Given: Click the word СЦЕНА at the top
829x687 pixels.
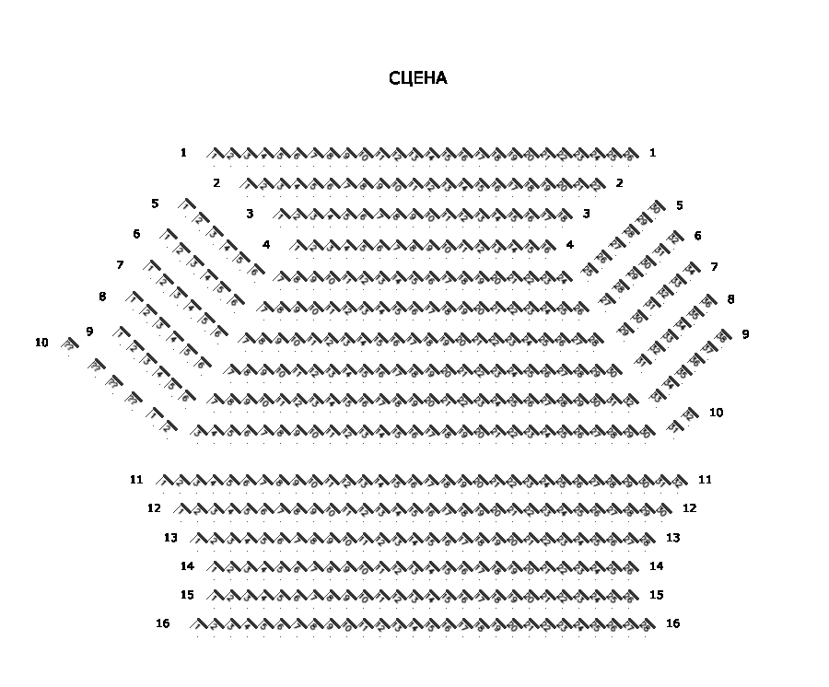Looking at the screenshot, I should click(x=418, y=78).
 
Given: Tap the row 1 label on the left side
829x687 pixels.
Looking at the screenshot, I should click(x=184, y=152).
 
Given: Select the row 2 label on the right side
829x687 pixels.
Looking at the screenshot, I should click(x=620, y=182).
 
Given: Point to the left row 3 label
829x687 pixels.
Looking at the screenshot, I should click(x=250, y=214).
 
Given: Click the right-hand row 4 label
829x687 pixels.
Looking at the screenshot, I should click(x=570, y=244).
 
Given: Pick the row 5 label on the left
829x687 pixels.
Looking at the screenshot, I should click(x=155, y=204).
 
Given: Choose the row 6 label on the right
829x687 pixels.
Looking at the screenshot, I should click(x=697, y=236).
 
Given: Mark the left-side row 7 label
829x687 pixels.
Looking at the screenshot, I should click(x=120, y=265).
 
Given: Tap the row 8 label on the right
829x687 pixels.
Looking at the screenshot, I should click(x=730, y=299).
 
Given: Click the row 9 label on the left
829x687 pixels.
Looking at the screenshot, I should click(x=89, y=331).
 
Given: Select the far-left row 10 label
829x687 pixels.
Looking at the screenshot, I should click(x=41, y=343).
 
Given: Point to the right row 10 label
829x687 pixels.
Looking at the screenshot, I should click(x=716, y=413).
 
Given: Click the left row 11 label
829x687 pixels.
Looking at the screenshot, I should click(x=136, y=479).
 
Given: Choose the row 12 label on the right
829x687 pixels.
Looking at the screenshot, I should click(x=690, y=507).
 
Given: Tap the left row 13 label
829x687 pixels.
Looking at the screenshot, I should click(x=170, y=537).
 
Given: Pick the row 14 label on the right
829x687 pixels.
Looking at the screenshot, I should click(x=657, y=565).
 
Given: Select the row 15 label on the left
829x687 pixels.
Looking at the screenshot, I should click(x=187, y=595).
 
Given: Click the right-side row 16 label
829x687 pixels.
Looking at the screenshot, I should click(x=673, y=623).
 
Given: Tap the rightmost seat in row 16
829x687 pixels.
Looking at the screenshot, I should click(x=648, y=625).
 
